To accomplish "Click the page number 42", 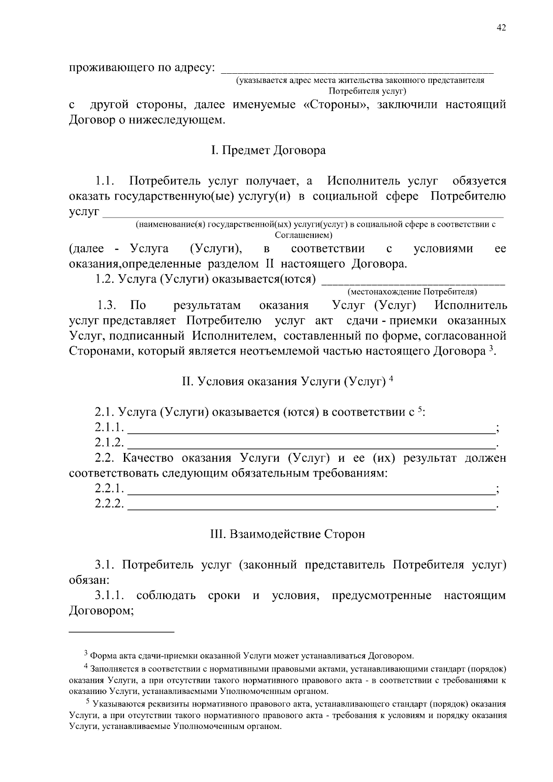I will pyautogui.click(x=501, y=28).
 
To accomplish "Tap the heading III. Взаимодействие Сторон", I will pyautogui.click(x=287, y=534).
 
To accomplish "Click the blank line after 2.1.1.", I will pyautogui.click(x=310, y=432).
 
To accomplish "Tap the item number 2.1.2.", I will pyautogui.click(x=110, y=443).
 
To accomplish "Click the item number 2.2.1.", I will pyautogui.click(x=110, y=488).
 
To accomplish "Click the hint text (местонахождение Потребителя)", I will pyautogui.click(x=412, y=292).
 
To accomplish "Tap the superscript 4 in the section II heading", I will pyautogui.click(x=391, y=379).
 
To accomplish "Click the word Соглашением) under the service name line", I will pyautogui.click(x=304, y=235).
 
